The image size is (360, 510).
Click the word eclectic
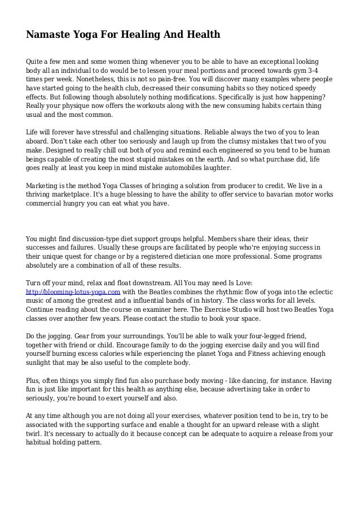[318, 291]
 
